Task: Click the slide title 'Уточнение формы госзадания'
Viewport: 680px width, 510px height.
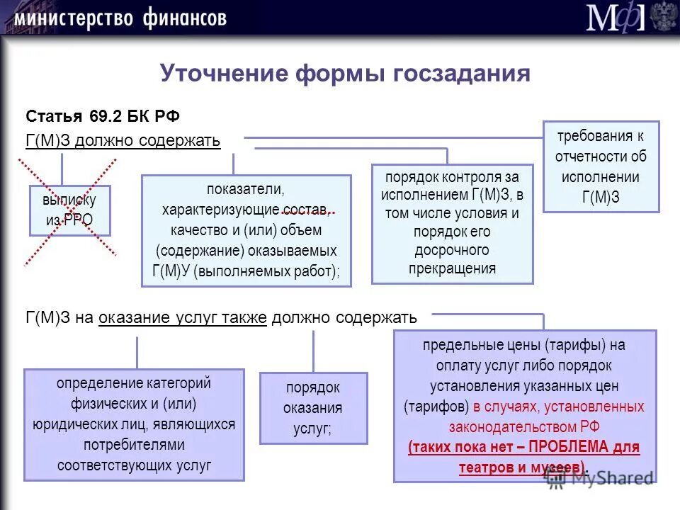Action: pyautogui.click(x=344, y=73)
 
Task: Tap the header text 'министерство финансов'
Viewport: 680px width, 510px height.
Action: pyautogui.click(x=120, y=18)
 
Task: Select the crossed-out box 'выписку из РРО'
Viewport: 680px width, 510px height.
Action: pyautogui.click(x=69, y=210)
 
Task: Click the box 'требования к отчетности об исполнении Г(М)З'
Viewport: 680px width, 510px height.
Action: pyautogui.click(x=601, y=166)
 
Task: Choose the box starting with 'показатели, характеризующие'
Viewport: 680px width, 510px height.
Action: pyautogui.click(x=246, y=230)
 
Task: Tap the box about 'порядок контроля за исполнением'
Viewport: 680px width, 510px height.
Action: pyautogui.click(x=452, y=223)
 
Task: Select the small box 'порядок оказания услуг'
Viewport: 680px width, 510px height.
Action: pyautogui.click(x=313, y=408)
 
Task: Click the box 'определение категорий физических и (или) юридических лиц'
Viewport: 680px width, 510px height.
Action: pyautogui.click(x=134, y=424)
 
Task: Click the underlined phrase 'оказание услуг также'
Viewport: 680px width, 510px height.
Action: pyautogui.click(x=183, y=318)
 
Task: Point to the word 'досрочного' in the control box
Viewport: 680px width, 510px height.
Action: pyautogui.click(x=452, y=250)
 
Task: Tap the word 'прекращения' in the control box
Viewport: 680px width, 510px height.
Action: pyautogui.click(x=452, y=268)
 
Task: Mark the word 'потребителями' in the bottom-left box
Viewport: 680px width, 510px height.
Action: pyautogui.click(x=134, y=445)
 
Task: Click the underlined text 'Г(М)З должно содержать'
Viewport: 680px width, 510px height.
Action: pyautogui.click(x=123, y=140)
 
